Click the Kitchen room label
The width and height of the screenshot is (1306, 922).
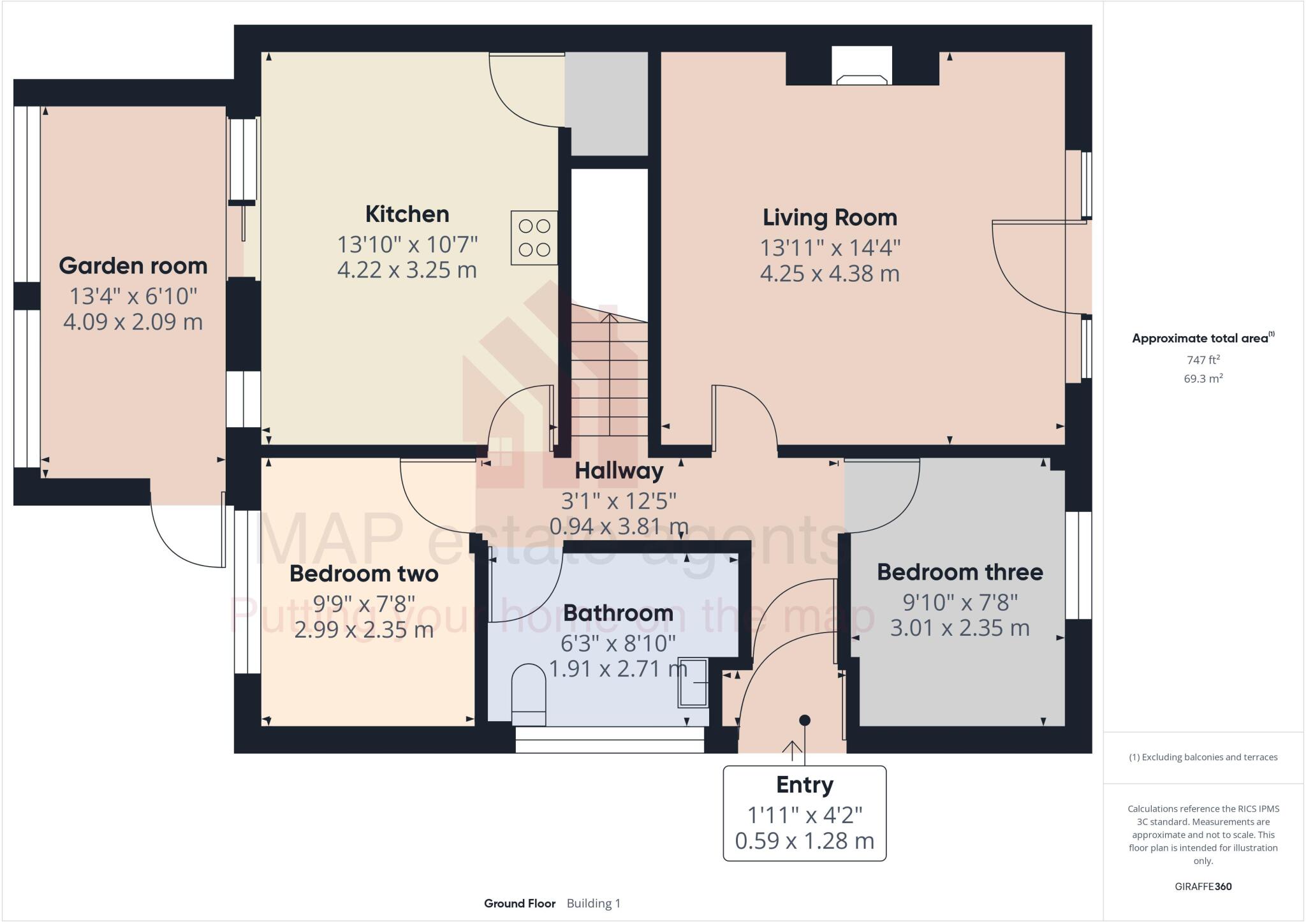pos(407,214)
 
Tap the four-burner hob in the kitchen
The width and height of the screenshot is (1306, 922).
pos(534,238)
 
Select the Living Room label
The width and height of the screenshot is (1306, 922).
pos(830,218)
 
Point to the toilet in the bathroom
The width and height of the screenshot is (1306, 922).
pos(529,694)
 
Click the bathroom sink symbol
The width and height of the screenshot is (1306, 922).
pos(693,682)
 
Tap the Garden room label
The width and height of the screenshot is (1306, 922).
pos(133,266)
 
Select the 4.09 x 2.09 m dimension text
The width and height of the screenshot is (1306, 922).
pos(133,322)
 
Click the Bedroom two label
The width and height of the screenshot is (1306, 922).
pos(363,574)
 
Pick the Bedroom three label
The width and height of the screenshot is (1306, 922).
pos(960,572)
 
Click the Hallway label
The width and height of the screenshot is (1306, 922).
pos(619,471)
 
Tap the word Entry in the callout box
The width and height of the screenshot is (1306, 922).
pos(804,785)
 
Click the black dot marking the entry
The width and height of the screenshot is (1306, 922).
pos(805,720)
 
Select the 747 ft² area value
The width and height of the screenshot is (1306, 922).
pos(1203,360)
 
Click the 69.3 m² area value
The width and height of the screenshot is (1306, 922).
pos(1203,379)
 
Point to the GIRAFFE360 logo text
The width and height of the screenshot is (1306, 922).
pos(1203,886)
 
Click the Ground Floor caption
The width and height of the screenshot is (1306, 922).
pos(520,904)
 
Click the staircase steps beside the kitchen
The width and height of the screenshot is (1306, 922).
pos(610,376)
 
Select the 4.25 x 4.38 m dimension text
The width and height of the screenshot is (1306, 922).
pos(830,274)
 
